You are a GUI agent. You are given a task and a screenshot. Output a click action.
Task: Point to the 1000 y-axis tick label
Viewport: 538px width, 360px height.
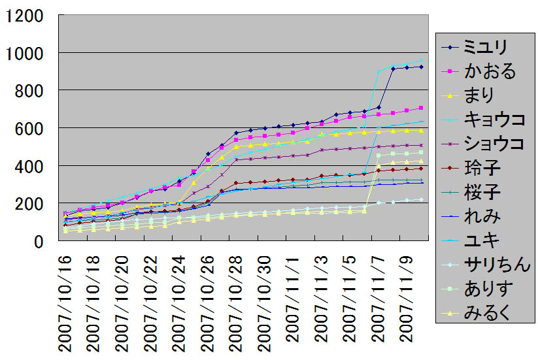(x=25, y=52)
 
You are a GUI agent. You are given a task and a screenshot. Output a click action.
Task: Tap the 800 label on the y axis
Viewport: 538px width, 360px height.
(x=30, y=90)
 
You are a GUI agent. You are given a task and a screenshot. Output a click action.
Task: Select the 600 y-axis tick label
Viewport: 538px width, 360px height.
(x=30, y=128)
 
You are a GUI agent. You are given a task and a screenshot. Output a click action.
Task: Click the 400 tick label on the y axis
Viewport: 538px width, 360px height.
(x=30, y=166)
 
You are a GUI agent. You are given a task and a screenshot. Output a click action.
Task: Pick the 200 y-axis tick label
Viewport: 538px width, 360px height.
(x=30, y=204)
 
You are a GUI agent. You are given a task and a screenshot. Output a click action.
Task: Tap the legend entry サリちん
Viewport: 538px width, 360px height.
(x=494, y=265)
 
